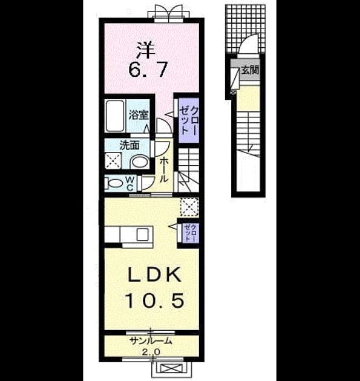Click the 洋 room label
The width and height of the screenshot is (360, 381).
[x=146, y=50]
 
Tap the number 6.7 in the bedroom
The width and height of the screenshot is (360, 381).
[x=148, y=69]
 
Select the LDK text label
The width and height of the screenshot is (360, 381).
[x=155, y=275]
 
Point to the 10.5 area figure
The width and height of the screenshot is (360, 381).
[x=154, y=301]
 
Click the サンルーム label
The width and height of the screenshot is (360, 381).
[x=151, y=341]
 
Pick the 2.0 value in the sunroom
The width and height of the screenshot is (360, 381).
[x=151, y=352]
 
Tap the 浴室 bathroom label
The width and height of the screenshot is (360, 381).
[x=139, y=115]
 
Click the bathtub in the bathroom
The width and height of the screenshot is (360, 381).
[x=115, y=116]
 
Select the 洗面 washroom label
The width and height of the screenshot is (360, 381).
[x=129, y=145]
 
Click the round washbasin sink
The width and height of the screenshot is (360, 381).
[x=140, y=161]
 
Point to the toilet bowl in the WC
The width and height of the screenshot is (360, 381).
[x=114, y=184]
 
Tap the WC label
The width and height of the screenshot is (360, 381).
[x=130, y=184]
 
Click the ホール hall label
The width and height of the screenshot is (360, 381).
[x=165, y=169]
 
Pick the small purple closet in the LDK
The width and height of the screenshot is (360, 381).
[x=191, y=233]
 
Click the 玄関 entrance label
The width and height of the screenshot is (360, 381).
[x=250, y=70]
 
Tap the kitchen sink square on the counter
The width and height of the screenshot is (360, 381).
[x=142, y=235]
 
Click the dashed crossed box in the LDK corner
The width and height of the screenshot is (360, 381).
[x=189, y=207]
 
